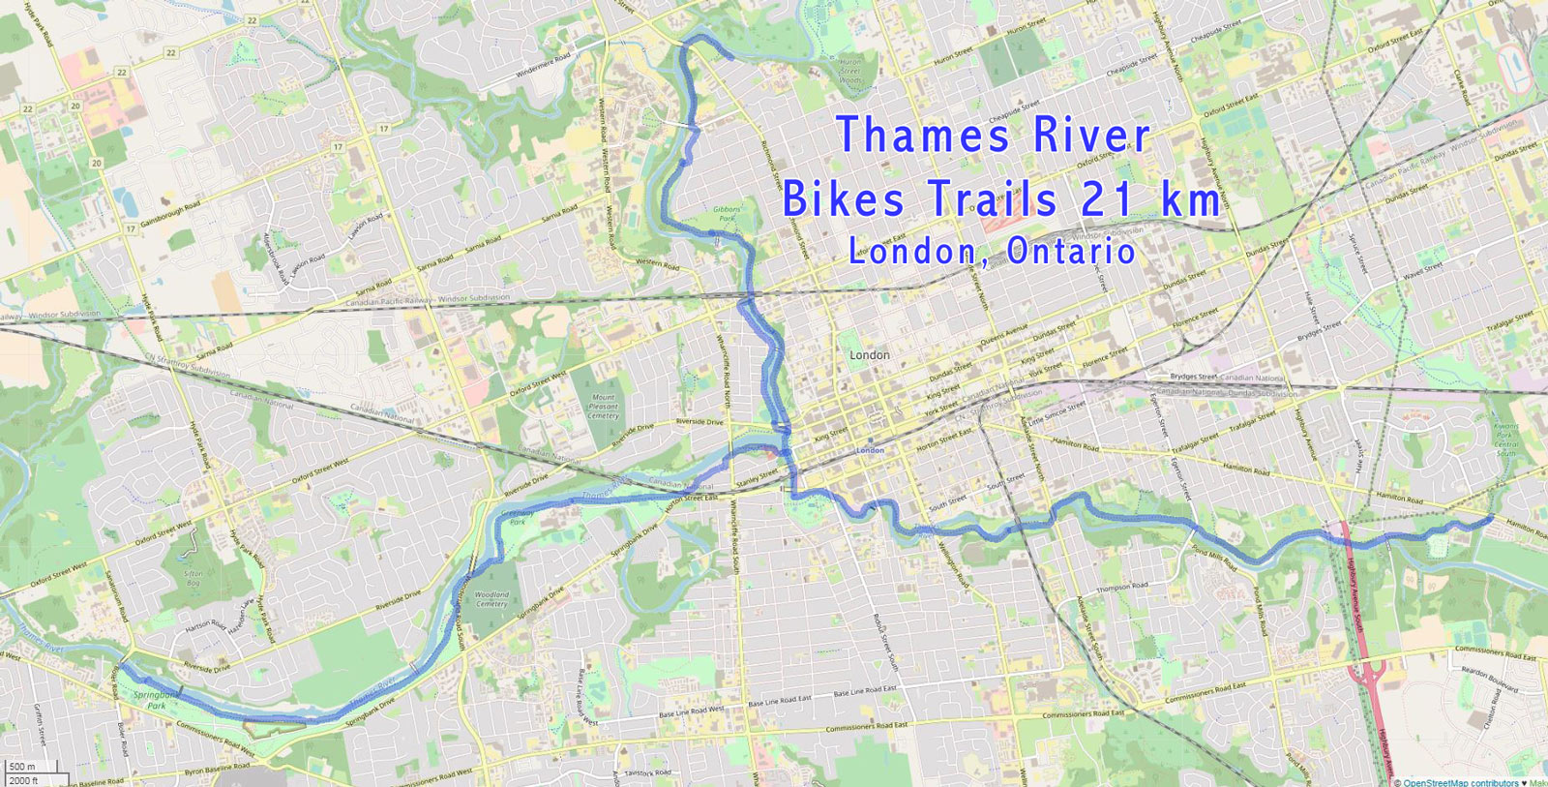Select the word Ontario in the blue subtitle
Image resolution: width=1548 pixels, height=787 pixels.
point(1071,252)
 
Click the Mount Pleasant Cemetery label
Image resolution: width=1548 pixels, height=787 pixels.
point(603,407)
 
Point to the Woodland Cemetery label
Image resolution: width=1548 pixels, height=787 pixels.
point(491,599)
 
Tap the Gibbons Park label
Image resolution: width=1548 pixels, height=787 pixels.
point(727,214)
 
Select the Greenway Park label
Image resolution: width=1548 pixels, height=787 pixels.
point(518,518)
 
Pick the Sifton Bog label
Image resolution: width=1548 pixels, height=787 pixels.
point(193,579)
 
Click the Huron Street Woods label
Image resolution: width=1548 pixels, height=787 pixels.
point(848,71)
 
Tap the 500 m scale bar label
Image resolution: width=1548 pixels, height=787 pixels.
point(21,767)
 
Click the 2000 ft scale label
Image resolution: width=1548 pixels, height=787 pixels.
point(23,780)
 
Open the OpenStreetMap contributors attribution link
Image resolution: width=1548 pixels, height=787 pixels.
point(1460,782)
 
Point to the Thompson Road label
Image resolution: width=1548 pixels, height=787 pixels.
point(1122,588)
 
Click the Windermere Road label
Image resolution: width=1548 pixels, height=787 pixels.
point(543,66)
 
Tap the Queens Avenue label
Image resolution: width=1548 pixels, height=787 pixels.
point(1004,336)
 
